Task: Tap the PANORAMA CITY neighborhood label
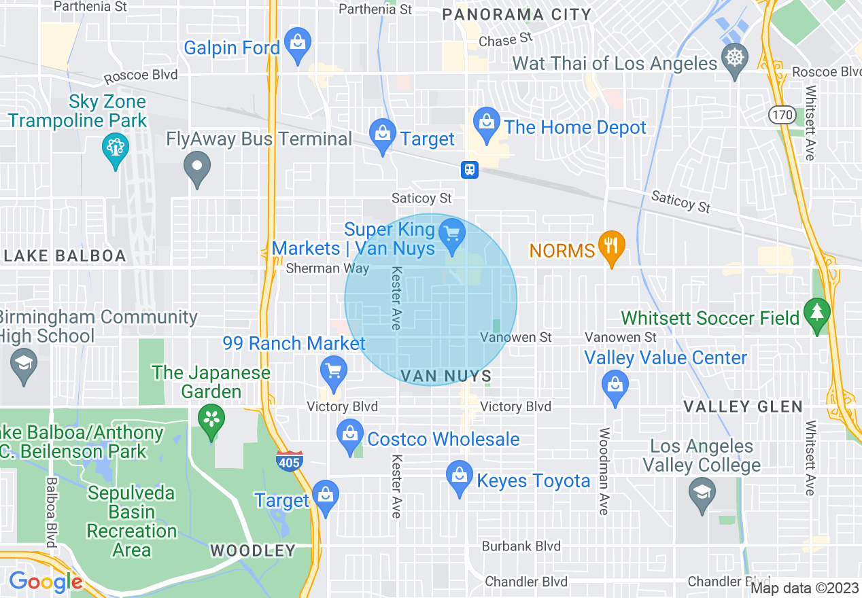[x=517, y=14]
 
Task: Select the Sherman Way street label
[x=327, y=268]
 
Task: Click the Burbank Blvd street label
[x=521, y=546]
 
